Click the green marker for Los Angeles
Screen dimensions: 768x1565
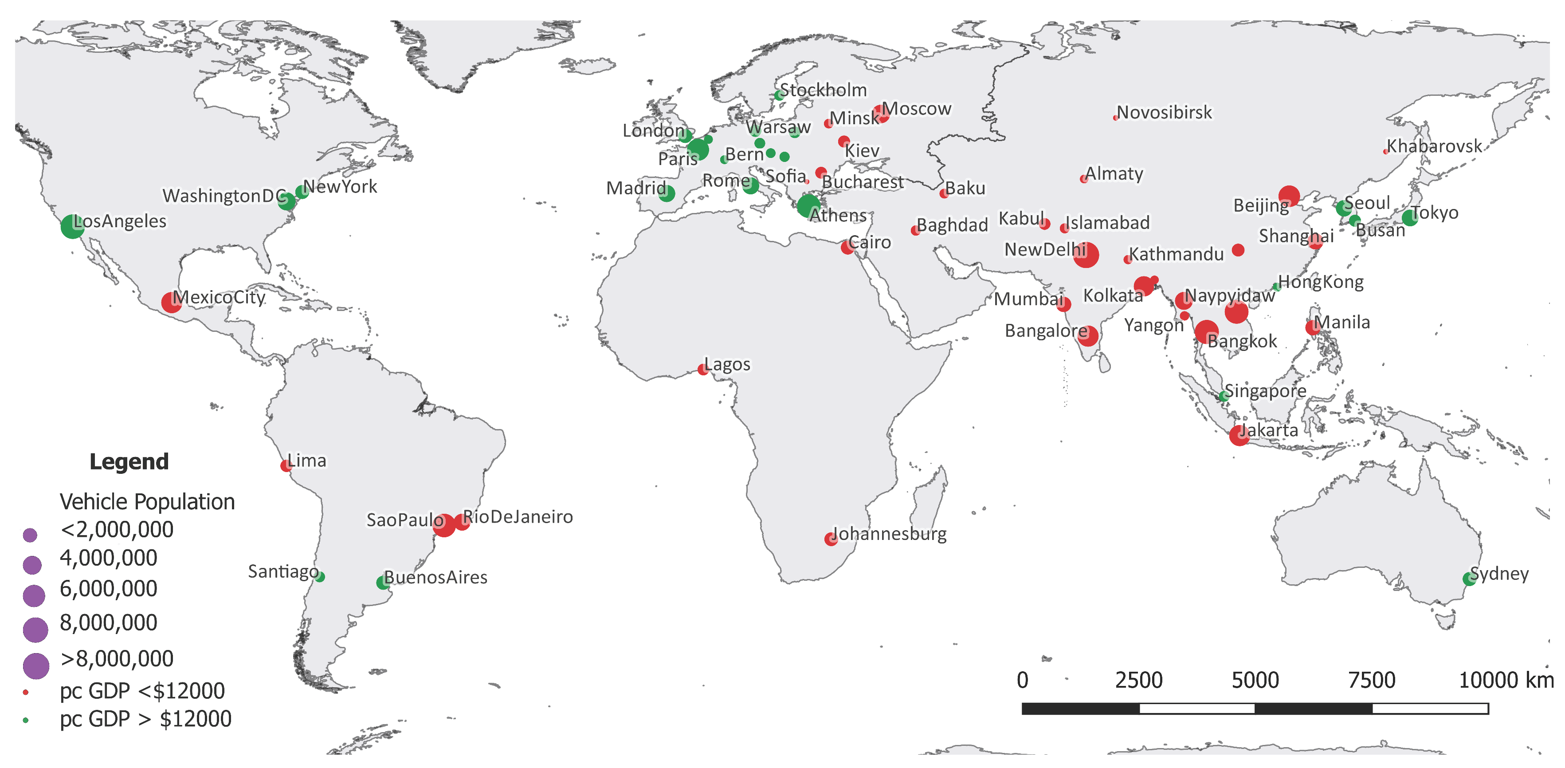(x=72, y=227)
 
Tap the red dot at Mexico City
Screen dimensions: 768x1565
(x=171, y=302)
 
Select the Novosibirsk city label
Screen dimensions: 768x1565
(x=1164, y=112)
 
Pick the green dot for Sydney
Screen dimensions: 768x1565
(x=1469, y=579)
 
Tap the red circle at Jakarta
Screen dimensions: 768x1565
(x=1239, y=435)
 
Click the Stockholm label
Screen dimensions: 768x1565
(x=823, y=90)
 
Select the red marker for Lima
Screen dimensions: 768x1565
(x=286, y=466)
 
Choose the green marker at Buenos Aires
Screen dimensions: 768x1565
(x=382, y=583)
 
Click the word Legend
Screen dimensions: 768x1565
(x=129, y=462)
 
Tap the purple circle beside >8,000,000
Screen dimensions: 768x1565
(x=36, y=666)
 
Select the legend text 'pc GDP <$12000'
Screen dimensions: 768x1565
(x=142, y=691)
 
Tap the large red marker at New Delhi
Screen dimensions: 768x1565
(x=1086, y=255)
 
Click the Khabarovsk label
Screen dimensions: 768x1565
(x=1434, y=146)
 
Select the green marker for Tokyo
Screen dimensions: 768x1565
(x=1409, y=217)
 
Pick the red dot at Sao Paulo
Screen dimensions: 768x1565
(x=444, y=525)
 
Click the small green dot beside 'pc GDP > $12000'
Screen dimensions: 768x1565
(x=26, y=720)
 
